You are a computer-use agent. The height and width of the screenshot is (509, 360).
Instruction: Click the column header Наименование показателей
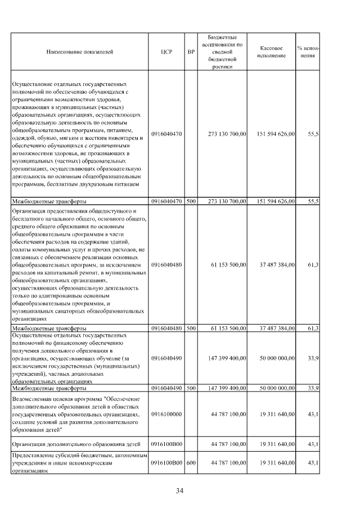(x=79, y=52)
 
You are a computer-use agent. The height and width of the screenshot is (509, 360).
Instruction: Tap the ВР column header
(x=191, y=52)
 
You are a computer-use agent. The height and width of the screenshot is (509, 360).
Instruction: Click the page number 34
(x=179, y=490)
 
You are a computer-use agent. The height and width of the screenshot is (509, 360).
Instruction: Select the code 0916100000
(x=166, y=414)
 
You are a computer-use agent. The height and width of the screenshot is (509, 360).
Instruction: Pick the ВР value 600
(x=191, y=462)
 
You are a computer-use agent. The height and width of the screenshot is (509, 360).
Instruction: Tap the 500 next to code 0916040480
(x=191, y=328)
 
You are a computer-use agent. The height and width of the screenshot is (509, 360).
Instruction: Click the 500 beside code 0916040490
(x=191, y=388)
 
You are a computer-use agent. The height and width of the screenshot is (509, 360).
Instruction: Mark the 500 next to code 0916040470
(x=191, y=201)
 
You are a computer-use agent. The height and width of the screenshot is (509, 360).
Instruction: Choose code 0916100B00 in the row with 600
(x=167, y=462)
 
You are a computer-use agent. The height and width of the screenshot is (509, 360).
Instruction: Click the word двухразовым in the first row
(x=101, y=184)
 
